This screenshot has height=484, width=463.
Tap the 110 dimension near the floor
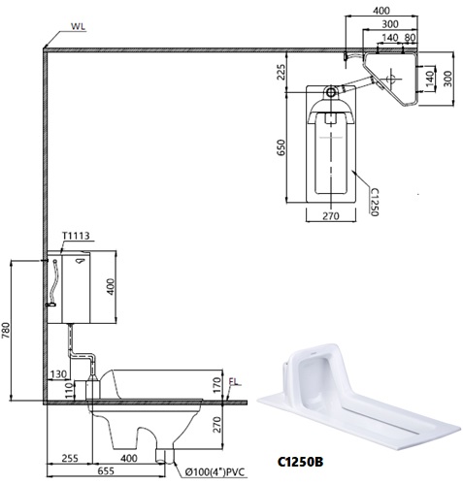click(68, 391)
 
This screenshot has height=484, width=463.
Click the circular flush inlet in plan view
click(332, 94)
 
